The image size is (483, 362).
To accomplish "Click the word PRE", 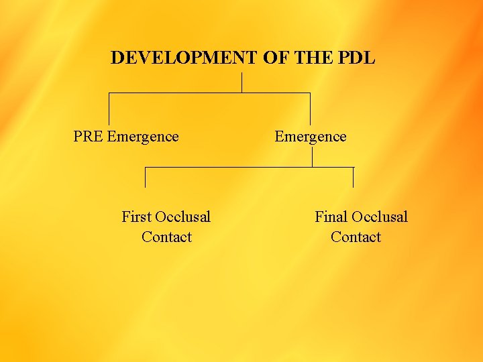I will coord(89,137).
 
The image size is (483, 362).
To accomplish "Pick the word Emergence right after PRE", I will coord(143,137).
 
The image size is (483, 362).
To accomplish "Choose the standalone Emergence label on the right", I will coord(311,137).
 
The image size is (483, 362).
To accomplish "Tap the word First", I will coord(136,217).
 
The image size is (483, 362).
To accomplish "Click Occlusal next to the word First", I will coord(182,217).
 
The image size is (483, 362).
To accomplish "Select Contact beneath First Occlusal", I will coord(166,237).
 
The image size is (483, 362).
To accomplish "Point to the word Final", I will coord(331,217).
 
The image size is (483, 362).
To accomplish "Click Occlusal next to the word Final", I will coord(380,217).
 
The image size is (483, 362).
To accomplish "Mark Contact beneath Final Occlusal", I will coord(356,237).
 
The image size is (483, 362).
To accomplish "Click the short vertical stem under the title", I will coord(241,82).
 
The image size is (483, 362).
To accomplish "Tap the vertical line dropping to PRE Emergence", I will coord(109,109).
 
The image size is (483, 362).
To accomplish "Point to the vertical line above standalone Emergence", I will coord(310,109).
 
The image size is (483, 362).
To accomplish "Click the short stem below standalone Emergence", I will coord(312,157).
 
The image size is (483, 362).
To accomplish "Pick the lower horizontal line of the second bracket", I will coord(249,167).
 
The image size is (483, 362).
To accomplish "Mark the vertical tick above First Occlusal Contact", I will coord(145,177).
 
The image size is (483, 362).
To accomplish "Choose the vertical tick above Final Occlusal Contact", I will coord(353,177).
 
